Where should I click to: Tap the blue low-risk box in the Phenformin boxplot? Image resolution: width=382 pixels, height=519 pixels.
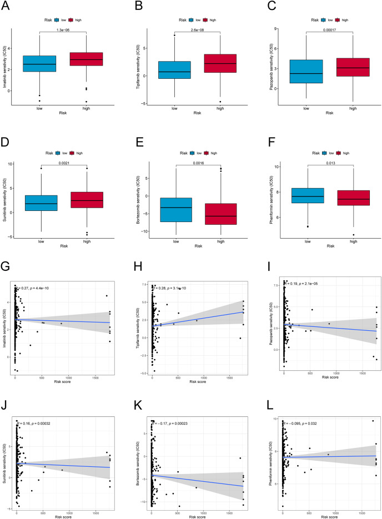point(306,195)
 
